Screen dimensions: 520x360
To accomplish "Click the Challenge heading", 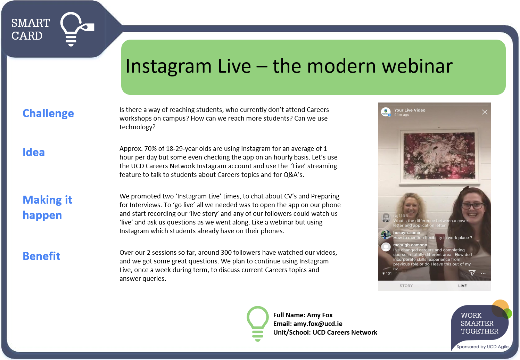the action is click(x=48, y=114).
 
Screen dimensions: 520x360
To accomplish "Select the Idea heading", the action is click(x=34, y=152).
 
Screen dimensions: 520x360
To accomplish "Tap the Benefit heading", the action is click(x=41, y=256).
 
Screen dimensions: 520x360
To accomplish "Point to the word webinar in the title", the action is click(x=417, y=66).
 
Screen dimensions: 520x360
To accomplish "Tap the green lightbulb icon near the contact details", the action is click(x=257, y=324).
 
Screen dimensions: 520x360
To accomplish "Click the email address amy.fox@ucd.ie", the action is click(x=318, y=324).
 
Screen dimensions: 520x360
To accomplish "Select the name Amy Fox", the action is click(x=320, y=315).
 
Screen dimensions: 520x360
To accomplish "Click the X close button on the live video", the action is click(x=485, y=112).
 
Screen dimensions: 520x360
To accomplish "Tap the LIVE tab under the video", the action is click(x=462, y=286).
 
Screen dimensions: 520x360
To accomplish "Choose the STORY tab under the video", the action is click(x=406, y=286).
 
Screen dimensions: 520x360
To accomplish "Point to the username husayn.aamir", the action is click(x=407, y=232).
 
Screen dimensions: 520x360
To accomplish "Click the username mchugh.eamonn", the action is click(x=410, y=245).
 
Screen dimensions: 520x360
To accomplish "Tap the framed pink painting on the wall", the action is click(x=439, y=156).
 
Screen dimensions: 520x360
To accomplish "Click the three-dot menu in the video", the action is click(x=483, y=273).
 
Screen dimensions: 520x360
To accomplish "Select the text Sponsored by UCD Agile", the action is click(x=482, y=347).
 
